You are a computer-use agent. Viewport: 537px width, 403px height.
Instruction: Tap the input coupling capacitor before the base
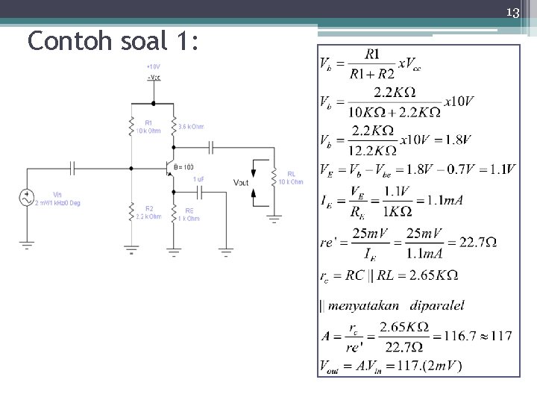point(73,168)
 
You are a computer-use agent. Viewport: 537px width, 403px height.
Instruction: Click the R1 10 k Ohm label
point(149,127)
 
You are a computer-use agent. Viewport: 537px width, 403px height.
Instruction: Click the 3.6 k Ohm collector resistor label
point(191,127)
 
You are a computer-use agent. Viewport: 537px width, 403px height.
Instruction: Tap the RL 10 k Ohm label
point(291,178)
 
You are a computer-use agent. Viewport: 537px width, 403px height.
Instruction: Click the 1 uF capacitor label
point(198,179)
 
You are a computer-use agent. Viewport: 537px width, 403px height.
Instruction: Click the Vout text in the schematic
point(241,182)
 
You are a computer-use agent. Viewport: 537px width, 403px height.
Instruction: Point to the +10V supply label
point(153,66)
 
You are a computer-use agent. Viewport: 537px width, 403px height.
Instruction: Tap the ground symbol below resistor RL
point(274,219)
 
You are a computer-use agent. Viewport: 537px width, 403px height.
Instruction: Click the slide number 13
point(512,12)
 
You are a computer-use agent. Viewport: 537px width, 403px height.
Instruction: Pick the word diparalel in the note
point(436,305)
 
